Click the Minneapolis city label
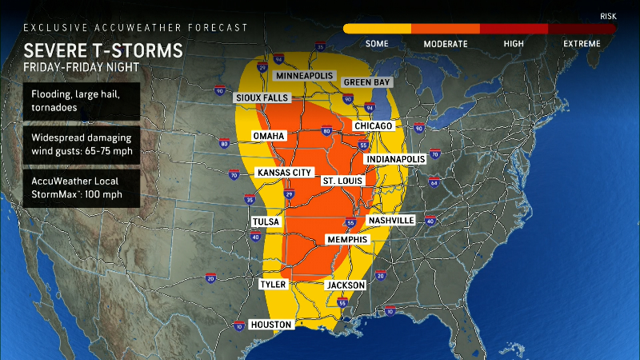pyautogui.click(x=303, y=75)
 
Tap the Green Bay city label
pyautogui.click(x=366, y=82)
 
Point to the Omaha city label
pyautogui.click(x=269, y=136)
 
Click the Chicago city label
pyautogui.click(x=373, y=126)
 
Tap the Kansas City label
pyautogui.click(x=283, y=173)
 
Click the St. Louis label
pyautogui.click(x=340, y=182)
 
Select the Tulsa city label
pyautogui.click(x=265, y=221)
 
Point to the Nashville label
pyautogui.click(x=390, y=220)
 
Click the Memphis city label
pyautogui.click(x=347, y=240)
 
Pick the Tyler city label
pyautogui.click(x=273, y=284)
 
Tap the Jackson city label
pyautogui.click(x=346, y=285)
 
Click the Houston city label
pyautogui.click(x=271, y=324)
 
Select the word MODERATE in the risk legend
pyautogui.click(x=446, y=43)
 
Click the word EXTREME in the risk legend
pyautogui.click(x=582, y=43)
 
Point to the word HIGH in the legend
pyautogui.click(x=514, y=43)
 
